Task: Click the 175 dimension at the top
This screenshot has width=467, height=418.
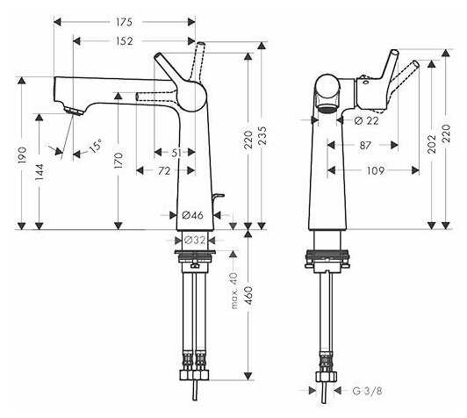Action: point(124,22)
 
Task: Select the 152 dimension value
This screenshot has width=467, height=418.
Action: point(124,41)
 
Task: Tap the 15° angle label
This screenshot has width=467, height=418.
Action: point(96,146)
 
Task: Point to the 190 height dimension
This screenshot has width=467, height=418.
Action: point(22,155)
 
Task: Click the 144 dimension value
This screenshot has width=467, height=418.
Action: point(40,172)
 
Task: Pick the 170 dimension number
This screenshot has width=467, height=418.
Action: point(119,161)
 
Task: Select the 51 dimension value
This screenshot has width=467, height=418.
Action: point(176,153)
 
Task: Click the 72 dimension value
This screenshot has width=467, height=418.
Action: point(164,171)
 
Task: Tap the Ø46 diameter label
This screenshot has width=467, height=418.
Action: point(193,215)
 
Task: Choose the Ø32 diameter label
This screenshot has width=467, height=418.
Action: point(195,240)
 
